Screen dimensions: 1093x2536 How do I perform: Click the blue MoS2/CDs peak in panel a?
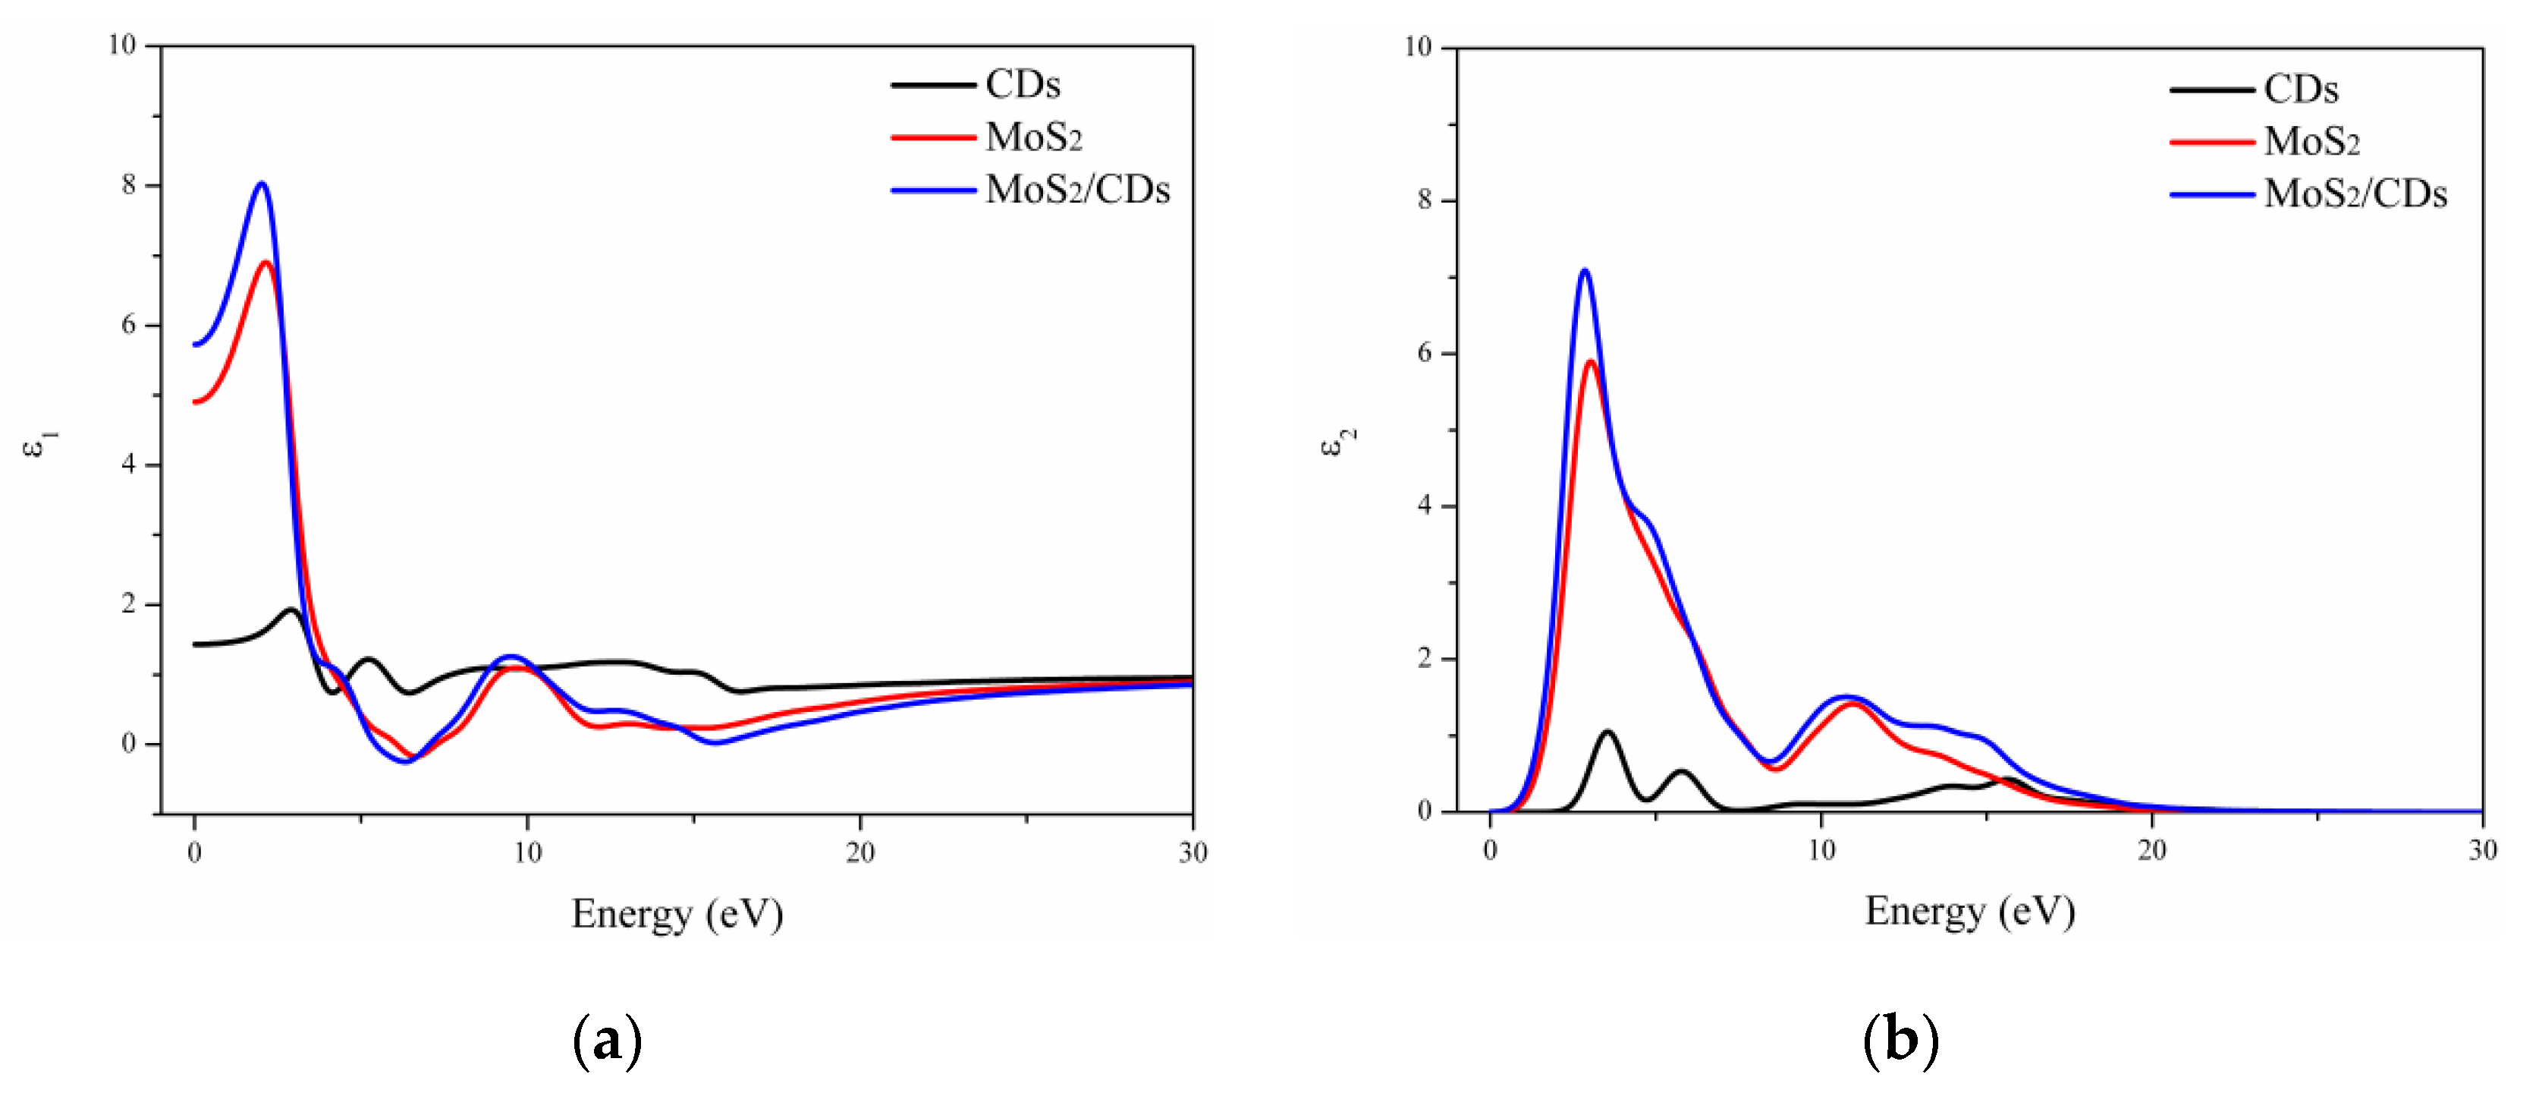pos(261,184)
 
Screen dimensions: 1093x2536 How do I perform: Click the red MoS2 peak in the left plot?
pos(265,262)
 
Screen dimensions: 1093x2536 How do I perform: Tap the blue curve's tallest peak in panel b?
pos(1584,271)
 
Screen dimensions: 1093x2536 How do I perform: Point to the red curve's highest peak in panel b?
pos(1590,361)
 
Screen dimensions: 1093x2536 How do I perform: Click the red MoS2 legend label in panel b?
pos(2311,142)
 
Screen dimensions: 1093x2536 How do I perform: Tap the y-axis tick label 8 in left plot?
pos(129,185)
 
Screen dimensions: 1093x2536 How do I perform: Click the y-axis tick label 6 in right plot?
pos(1425,354)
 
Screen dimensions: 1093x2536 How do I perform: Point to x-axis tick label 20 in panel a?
pos(859,852)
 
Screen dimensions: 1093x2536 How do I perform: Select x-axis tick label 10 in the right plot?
pos(1821,850)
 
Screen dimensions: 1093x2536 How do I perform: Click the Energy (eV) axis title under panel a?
pos(677,914)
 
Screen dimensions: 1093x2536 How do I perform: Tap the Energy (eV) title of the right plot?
pos(1970,911)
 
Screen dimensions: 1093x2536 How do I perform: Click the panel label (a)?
pos(608,1040)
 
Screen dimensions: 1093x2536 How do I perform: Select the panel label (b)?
pos(1901,1040)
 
